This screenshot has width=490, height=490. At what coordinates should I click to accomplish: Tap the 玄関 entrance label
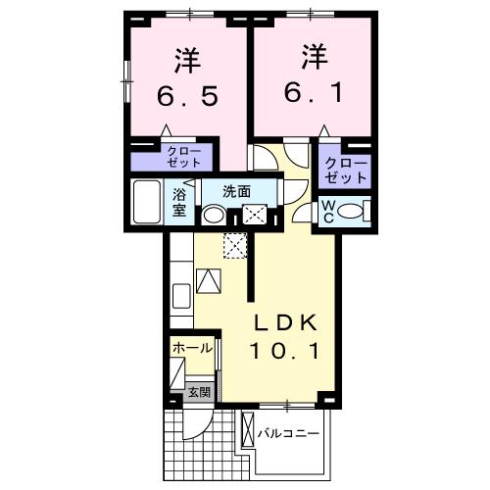[x=199, y=392]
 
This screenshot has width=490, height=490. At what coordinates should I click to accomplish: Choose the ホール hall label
[x=191, y=348]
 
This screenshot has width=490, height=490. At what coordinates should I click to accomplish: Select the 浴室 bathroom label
[x=180, y=202]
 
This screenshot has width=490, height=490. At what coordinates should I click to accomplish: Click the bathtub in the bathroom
[x=148, y=203]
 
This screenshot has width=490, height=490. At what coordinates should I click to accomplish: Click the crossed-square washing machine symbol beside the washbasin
[x=255, y=216]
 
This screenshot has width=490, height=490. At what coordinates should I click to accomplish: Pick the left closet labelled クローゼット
[x=183, y=157]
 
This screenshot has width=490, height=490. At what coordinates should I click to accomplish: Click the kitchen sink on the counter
[x=180, y=295]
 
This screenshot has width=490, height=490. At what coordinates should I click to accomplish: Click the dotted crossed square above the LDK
[x=234, y=245]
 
